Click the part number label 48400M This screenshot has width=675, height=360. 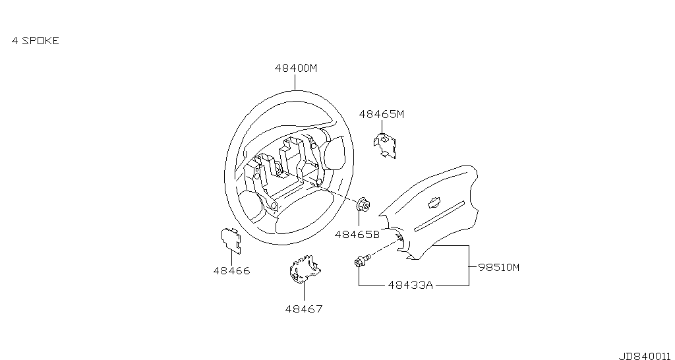pos(296,68)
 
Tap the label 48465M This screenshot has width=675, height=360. pos(382,114)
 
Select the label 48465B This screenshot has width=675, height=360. pos(357,235)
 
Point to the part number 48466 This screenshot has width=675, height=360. pos(231,271)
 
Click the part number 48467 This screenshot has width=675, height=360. pos(303,309)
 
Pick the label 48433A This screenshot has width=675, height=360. pos(410,285)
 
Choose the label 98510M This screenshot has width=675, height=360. pos(499,268)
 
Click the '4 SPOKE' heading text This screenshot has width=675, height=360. pos(36,40)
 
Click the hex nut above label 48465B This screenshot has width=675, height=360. pos(364,204)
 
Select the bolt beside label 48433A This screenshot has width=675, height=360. pos(362,260)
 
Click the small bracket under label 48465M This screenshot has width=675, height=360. pos(385,145)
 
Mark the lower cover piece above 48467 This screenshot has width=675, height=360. pos(305,270)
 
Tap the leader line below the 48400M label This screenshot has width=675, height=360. pos(295,82)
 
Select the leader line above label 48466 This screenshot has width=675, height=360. pos(231,257)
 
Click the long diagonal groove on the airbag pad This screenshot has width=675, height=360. pos(439,216)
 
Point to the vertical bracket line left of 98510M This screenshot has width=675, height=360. pos(469,266)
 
